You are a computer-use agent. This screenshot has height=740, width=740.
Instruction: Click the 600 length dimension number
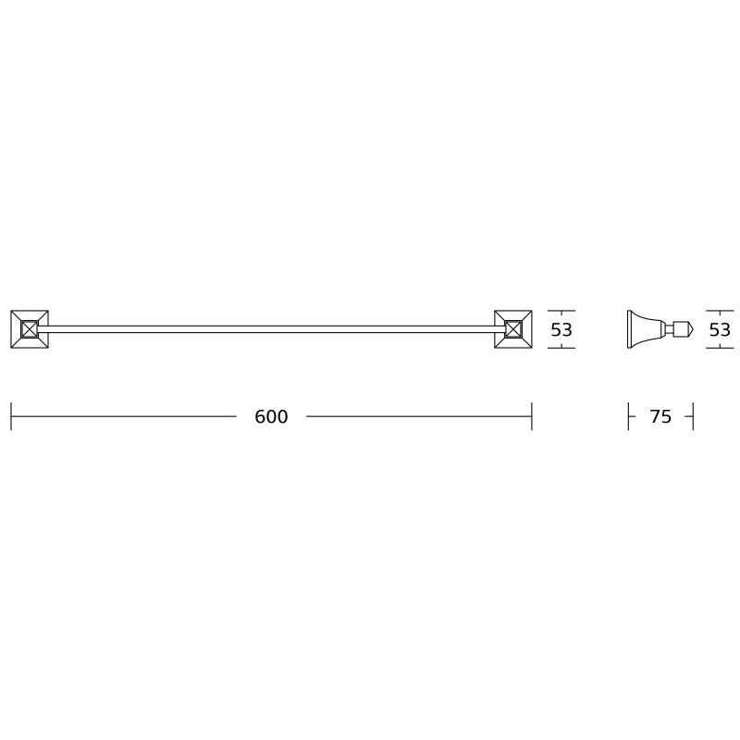tap(271, 417)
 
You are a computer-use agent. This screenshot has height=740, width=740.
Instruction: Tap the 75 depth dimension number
tap(660, 417)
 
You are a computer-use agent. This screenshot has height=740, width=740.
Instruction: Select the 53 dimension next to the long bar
tap(561, 329)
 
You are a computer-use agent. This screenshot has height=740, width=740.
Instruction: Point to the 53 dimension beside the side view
tap(720, 329)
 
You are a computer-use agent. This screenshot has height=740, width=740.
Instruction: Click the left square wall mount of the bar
tap(30, 329)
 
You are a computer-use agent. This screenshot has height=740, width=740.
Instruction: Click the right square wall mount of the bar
tap(513, 329)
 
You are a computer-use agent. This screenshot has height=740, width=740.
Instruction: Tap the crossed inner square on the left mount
tap(30, 329)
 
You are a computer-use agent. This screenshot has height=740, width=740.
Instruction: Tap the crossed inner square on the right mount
tap(513, 329)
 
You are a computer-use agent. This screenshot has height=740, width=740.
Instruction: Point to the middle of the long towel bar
tap(271, 329)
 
